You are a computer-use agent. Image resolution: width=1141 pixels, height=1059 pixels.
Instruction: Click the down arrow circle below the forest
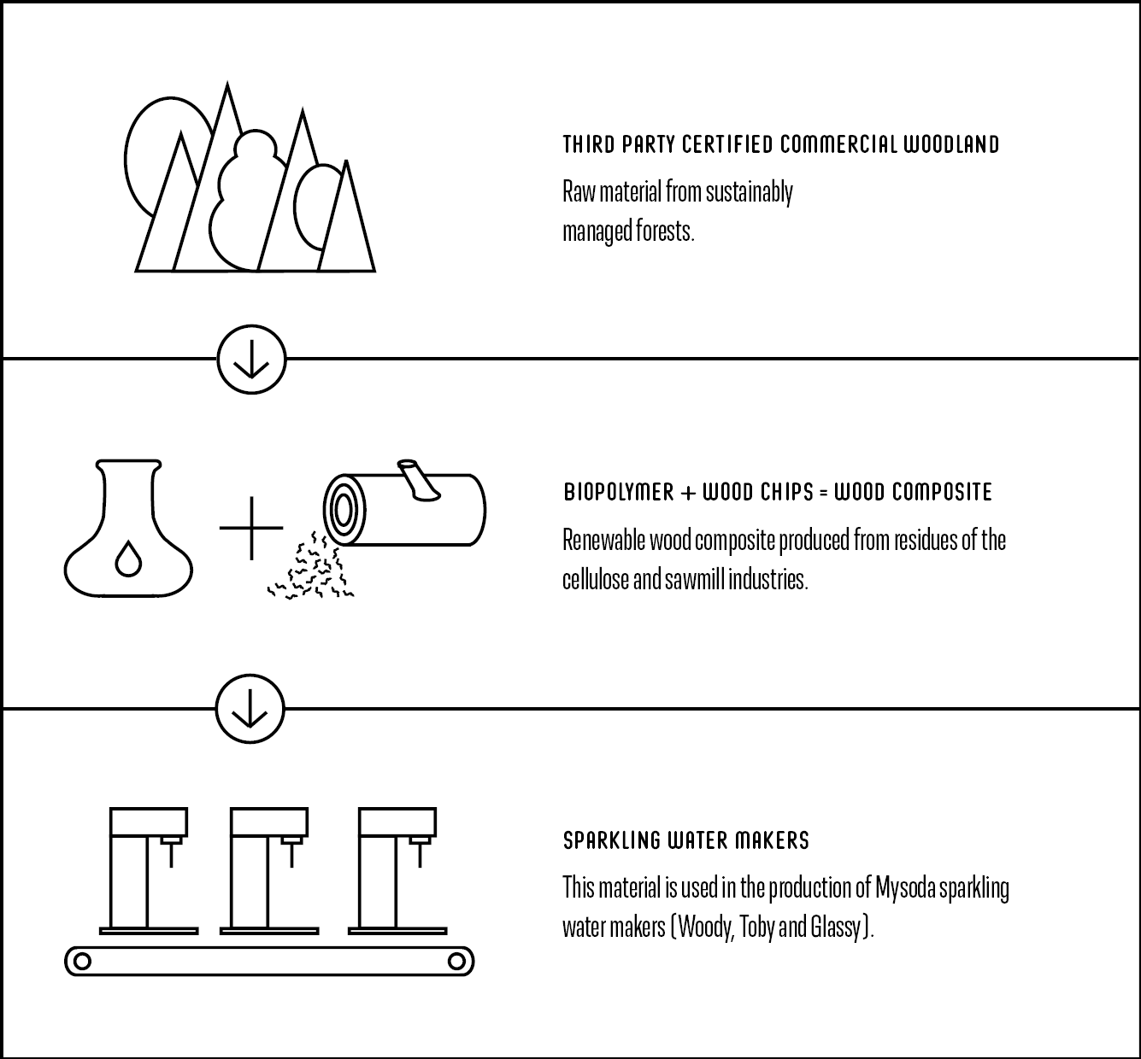point(251,360)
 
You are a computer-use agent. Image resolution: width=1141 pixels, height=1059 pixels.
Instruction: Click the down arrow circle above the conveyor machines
point(250,709)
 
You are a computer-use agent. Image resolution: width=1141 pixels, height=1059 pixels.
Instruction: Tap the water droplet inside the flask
point(128,558)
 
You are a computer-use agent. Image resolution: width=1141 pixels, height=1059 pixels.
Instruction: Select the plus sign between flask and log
point(251,528)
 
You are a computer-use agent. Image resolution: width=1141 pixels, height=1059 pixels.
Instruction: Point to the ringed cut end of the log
point(344,511)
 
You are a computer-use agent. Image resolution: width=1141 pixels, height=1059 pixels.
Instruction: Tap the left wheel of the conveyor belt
point(83,961)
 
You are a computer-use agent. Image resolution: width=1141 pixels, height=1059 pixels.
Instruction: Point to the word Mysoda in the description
point(905,888)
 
